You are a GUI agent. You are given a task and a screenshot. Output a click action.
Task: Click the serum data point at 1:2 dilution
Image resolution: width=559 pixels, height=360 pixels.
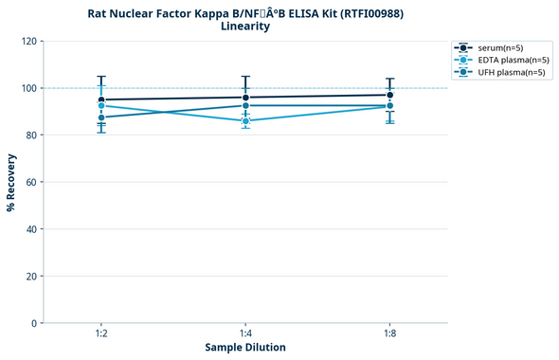click(101, 99)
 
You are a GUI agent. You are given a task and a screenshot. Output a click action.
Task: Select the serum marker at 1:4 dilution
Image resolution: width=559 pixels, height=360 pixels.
click(245, 98)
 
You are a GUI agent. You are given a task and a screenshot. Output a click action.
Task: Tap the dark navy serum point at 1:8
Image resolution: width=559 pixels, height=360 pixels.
click(389, 95)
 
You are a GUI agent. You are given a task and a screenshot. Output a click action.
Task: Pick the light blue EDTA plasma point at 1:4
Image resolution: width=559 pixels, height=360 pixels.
click(245, 121)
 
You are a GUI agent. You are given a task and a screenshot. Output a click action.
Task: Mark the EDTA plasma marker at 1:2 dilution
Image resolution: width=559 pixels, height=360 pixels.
click(101, 105)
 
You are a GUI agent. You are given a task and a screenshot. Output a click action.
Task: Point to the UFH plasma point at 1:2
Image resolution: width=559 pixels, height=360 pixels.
click(101, 117)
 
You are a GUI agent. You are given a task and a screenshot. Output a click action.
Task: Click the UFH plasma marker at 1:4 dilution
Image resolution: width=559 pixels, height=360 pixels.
click(245, 105)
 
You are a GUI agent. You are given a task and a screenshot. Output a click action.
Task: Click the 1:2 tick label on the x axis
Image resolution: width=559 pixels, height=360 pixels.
click(101, 334)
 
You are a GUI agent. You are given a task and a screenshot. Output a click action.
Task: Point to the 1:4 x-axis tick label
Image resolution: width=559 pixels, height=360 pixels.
click(245, 334)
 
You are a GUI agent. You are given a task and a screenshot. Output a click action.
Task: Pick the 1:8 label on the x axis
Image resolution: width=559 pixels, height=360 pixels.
click(389, 334)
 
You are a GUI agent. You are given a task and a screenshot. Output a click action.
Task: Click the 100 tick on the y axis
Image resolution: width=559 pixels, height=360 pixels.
click(29, 88)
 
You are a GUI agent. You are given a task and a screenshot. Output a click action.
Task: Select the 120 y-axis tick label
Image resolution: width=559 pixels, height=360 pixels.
click(29, 42)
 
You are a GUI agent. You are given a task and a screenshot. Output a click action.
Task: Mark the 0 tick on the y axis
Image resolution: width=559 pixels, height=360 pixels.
click(35, 323)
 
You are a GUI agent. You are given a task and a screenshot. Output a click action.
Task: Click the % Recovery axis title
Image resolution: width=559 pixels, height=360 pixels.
click(11, 182)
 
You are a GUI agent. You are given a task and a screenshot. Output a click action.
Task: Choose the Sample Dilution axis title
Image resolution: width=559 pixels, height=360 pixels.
click(245, 348)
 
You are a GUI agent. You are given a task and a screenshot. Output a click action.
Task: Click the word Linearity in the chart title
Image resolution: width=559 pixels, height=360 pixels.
click(245, 27)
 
